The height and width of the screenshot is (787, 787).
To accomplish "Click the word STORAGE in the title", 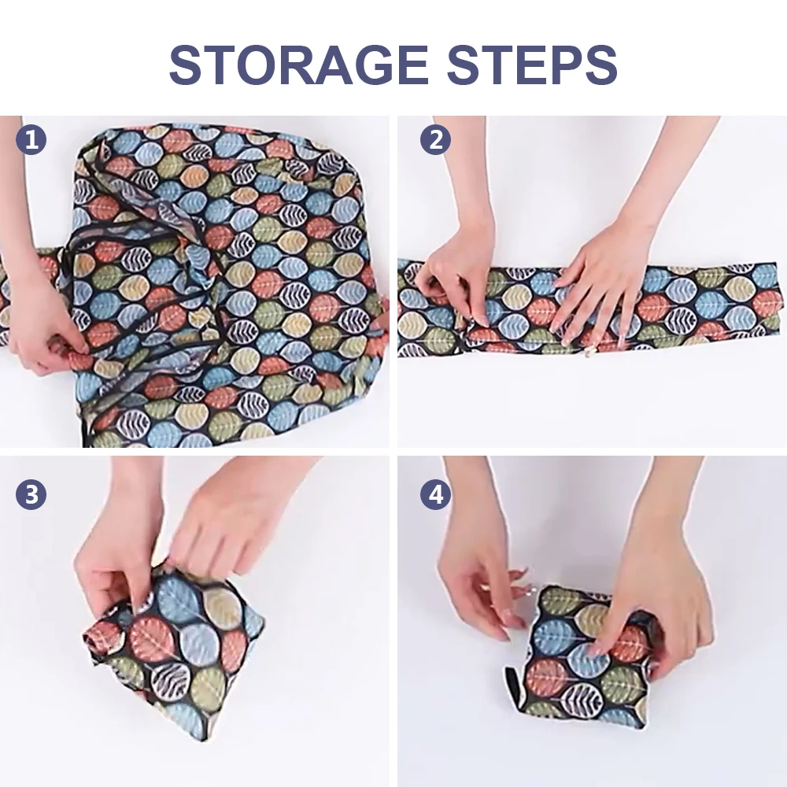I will [x=299, y=65].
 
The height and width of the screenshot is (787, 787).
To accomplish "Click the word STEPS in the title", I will [x=530, y=65].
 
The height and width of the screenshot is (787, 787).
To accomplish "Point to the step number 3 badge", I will [x=31, y=494].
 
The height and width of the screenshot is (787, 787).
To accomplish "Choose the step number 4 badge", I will [x=434, y=494].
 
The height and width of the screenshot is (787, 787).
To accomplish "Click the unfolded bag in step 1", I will [x=228, y=283].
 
